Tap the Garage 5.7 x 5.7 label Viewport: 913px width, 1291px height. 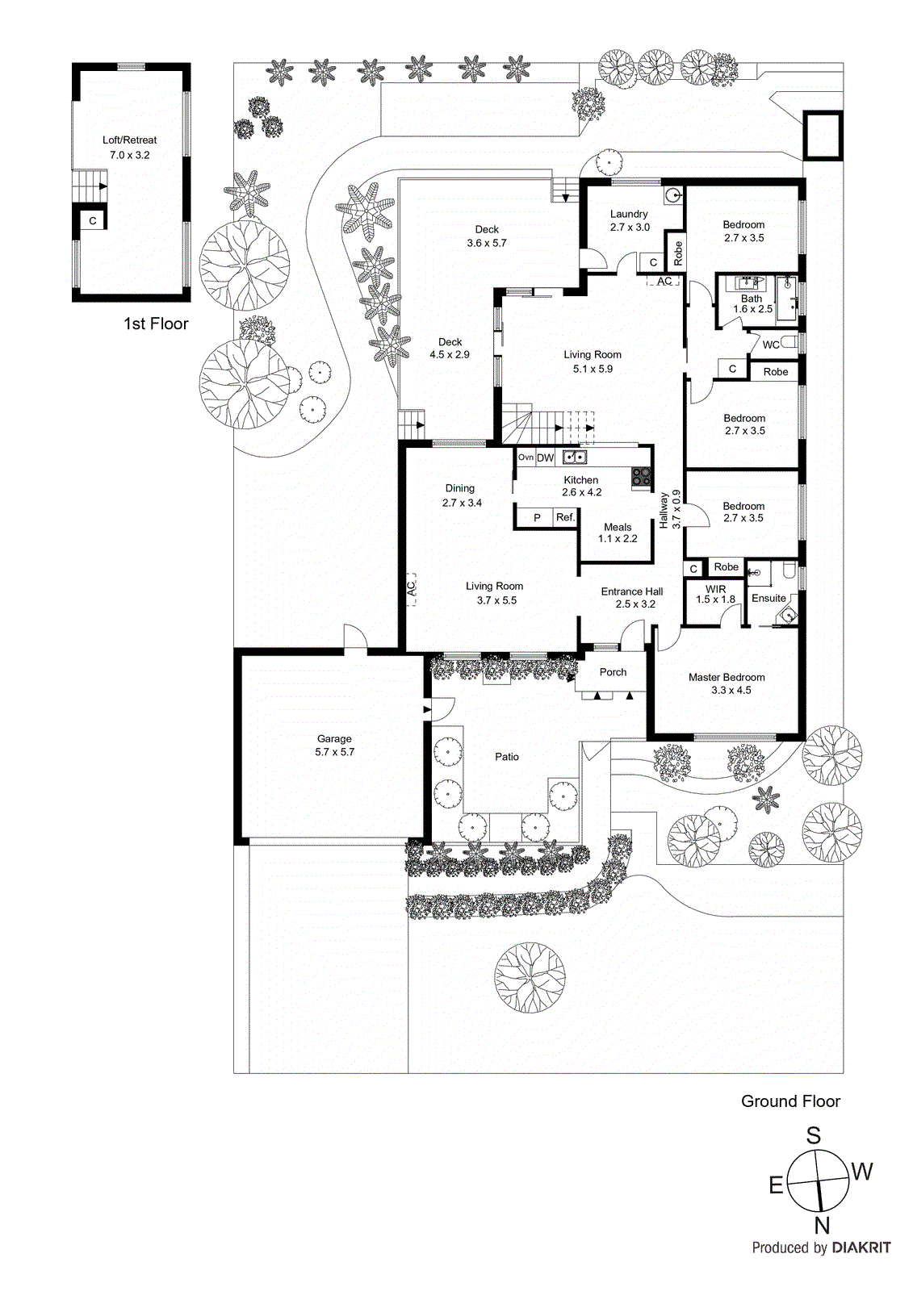[x=334, y=745]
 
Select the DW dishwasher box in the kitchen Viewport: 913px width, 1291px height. [x=546, y=458]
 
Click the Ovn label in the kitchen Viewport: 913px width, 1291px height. [x=526, y=457]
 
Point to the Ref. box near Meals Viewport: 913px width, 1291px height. [x=565, y=518]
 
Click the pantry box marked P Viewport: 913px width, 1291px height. [x=537, y=518]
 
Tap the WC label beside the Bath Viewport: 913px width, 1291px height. [x=771, y=345]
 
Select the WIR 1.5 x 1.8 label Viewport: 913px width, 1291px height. [x=715, y=595]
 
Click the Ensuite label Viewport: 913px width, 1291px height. [x=769, y=599]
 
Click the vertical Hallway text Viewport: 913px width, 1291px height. [x=664, y=510]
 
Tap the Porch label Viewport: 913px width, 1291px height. [x=613, y=672]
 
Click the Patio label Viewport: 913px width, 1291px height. [x=507, y=757]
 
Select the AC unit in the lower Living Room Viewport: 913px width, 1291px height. [x=411, y=588]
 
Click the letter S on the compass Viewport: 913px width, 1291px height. [x=814, y=1136]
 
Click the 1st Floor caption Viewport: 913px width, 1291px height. [x=156, y=324]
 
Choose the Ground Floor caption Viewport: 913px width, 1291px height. [x=790, y=1102]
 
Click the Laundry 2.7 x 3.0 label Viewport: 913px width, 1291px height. [x=629, y=220]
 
